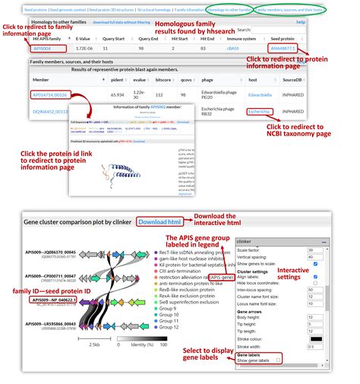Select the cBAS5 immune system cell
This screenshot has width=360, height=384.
[x=254, y=48]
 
